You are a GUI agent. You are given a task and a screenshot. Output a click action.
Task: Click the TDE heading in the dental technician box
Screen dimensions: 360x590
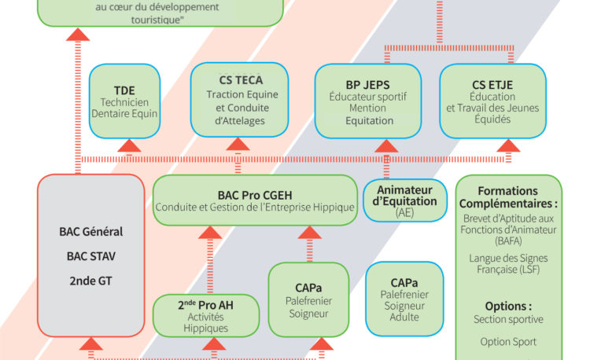coord(124,89)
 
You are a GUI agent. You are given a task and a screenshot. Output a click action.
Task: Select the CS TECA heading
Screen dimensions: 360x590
coord(241,80)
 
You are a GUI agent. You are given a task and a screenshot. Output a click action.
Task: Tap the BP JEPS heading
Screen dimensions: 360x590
coord(367,84)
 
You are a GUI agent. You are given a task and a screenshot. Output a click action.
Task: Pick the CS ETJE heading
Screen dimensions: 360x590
coord(492,84)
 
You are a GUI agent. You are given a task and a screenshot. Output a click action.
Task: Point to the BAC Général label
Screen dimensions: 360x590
coord(91,232)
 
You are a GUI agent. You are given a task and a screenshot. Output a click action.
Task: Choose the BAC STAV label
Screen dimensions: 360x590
coord(91,255)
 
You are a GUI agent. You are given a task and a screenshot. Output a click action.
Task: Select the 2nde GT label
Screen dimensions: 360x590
coord(91,280)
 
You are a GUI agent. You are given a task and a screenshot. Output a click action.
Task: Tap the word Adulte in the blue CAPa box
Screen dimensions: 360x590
coord(404,318)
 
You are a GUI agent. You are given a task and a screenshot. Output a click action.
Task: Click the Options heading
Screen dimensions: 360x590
coord(508,306)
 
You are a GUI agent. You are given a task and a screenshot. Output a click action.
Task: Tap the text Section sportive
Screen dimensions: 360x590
coord(508,319)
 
